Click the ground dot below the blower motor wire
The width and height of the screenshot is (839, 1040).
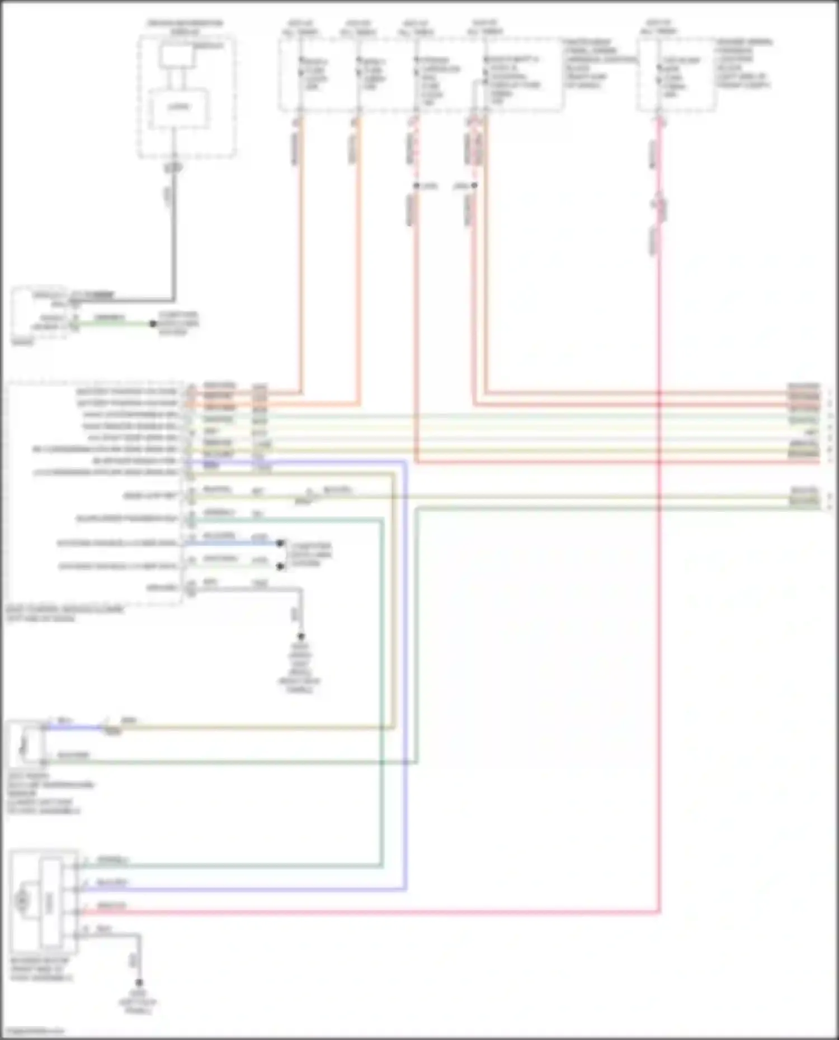139,982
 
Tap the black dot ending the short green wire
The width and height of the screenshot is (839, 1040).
152,324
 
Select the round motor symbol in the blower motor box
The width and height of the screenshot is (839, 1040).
22,900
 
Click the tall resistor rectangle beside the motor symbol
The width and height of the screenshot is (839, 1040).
50,900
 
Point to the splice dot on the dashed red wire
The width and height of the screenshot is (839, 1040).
416,186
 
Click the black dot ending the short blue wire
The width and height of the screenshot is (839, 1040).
280,543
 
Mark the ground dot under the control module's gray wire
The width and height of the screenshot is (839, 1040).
301,637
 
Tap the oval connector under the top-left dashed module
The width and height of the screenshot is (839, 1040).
174,167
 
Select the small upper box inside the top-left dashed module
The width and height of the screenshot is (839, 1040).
176,57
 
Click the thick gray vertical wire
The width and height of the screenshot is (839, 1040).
174,235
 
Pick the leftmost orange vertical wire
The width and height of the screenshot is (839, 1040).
301,251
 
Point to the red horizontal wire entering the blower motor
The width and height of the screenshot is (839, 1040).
336,913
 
